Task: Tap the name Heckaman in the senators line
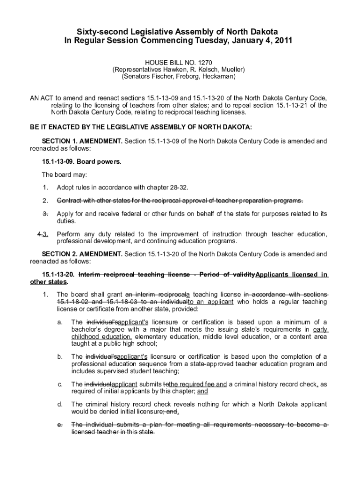click(x=220, y=76)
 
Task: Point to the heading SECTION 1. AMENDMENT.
click(x=82, y=141)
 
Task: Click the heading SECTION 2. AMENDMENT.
click(x=82, y=254)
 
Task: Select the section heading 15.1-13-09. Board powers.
click(x=81, y=162)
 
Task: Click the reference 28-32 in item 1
click(x=178, y=188)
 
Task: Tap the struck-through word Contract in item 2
click(x=70, y=201)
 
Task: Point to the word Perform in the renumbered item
click(x=69, y=234)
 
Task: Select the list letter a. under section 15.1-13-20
click(x=60, y=322)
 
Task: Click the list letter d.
click(x=60, y=404)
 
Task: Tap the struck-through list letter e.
click(x=60, y=425)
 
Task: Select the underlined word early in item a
click(x=320, y=329)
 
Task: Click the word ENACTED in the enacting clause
click(x=58, y=127)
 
